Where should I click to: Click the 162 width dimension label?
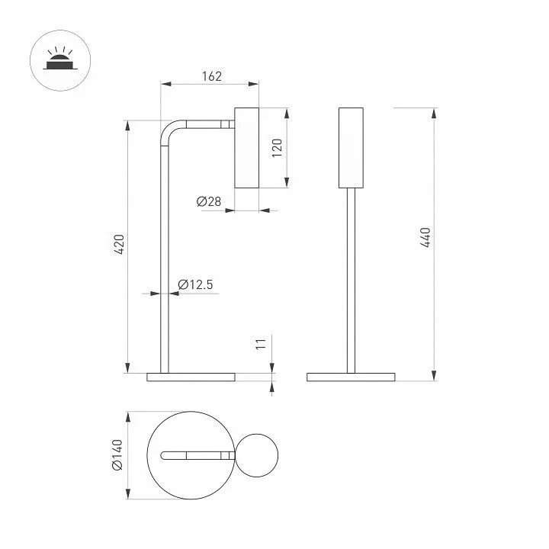[212, 76]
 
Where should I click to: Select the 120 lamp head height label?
[277, 148]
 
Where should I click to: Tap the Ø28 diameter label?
[209, 201]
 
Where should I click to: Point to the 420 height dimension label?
[119, 245]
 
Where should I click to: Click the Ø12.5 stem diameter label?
[195, 284]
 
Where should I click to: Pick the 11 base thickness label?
[261, 344]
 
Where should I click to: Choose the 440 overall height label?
[425, 237]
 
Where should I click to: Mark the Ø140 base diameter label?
[117, 454]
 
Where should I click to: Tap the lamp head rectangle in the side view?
[246, 148]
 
